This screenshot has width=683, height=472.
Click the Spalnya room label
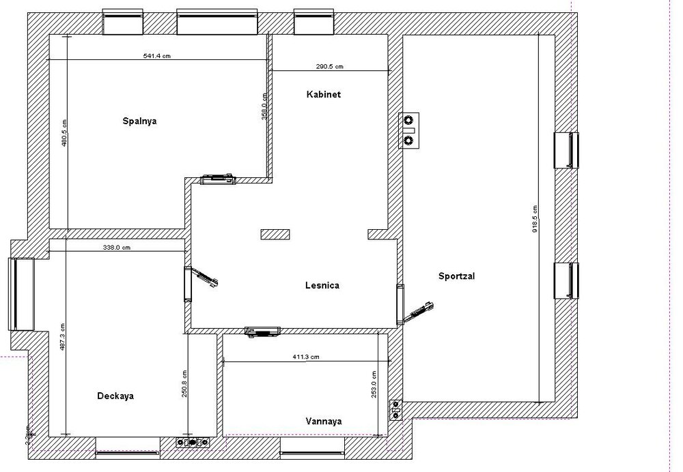click(140, 121)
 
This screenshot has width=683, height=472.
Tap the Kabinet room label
click(323, 95)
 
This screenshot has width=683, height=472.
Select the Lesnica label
click(322, 286)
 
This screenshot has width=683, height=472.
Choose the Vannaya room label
click(324, 422)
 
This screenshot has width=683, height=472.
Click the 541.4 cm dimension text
click(156, 56)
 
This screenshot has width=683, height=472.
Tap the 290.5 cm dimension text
click(329, 66)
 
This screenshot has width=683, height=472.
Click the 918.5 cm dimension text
click(534, 218)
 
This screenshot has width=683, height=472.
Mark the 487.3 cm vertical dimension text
click(62, 336)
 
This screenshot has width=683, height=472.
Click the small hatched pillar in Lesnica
click(275, 234)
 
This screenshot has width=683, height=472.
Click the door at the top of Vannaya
click(263, 331)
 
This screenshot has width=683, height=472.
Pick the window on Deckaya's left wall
click(20, 293)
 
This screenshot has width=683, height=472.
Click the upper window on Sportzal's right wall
click(566, 149)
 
